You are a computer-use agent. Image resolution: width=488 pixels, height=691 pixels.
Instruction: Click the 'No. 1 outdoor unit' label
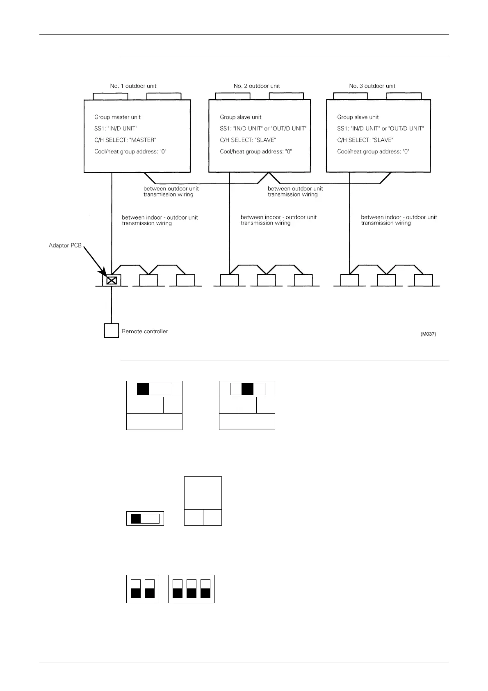coord(133,86)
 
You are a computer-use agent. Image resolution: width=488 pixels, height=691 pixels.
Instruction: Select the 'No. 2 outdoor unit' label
coord(257,86)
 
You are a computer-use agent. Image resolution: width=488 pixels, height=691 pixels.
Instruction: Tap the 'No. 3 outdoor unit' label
coord(372,86)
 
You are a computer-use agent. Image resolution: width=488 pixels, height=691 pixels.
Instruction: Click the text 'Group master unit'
coord(117,117)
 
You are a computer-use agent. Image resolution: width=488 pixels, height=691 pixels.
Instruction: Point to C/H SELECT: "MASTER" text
coord(125,140)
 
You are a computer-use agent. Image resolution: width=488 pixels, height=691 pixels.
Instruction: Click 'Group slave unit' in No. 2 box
coord(240,117)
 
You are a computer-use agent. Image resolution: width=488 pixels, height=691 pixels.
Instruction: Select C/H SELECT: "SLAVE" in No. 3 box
coord(365,140)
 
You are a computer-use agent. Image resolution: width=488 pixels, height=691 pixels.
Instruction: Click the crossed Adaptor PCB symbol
coord(112,281)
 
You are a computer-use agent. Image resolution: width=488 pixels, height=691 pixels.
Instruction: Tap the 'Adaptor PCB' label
coord(65,246)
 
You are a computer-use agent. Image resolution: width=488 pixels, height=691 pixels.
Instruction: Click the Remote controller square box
coord(112,331)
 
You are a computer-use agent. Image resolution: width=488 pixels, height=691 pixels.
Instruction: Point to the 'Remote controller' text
coord(145,332)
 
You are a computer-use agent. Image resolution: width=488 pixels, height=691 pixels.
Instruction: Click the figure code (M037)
coord(428,334)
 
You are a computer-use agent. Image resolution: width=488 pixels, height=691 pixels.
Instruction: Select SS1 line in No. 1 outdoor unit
coord(116,129)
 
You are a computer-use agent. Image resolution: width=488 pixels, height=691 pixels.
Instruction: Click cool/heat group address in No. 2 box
coord(255,152)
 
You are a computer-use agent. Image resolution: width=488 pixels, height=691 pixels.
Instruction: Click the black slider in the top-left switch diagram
coord(143,389)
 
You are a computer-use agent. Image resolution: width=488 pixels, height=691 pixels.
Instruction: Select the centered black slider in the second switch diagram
coord(247,389)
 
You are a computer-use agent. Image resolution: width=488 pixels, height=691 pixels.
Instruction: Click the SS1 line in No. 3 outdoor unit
coord(380,129)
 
